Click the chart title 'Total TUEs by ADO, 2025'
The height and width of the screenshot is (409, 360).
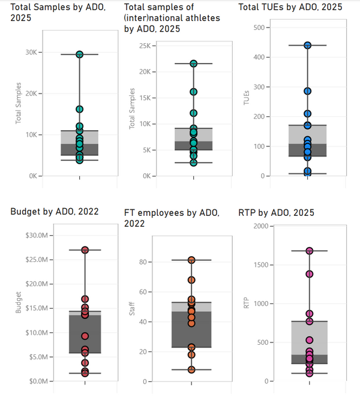290,7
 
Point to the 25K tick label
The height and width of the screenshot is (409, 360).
145,46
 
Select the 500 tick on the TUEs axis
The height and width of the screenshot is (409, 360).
259,28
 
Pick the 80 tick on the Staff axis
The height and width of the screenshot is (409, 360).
145,262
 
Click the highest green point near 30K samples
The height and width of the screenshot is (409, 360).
79,55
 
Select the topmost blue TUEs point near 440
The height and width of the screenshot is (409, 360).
307,45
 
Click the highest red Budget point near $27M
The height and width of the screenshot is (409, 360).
85,249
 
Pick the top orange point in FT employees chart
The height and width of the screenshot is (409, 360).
191,260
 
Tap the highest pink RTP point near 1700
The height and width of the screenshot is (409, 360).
309,251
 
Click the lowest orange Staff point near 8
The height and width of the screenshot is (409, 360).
191,369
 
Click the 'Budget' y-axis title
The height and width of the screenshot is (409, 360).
17,303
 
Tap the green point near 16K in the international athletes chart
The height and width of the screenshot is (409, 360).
193,92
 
